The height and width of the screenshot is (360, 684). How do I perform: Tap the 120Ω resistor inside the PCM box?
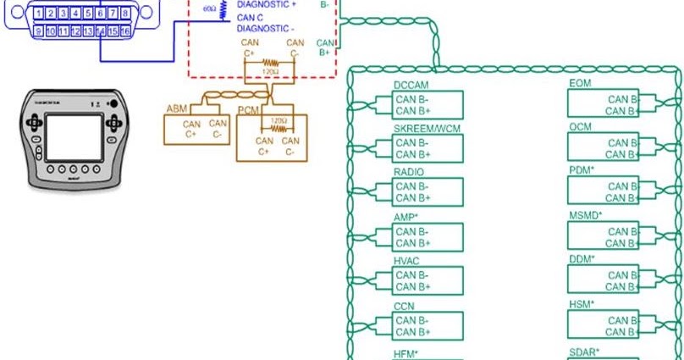(277, 129)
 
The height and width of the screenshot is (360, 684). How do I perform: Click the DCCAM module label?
(412, 85)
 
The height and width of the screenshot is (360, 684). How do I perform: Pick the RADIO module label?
(410, 172)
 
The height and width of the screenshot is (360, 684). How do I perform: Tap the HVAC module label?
(408, 261)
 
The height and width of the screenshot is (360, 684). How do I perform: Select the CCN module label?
(404, 306)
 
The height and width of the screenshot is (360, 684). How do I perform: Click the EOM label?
(580, 84)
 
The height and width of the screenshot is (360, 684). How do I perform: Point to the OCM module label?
(581, 128)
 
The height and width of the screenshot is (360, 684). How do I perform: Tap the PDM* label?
(582, 171)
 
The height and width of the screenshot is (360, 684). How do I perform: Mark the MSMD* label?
(586, 216)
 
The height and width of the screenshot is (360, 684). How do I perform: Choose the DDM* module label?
(582, 259)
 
